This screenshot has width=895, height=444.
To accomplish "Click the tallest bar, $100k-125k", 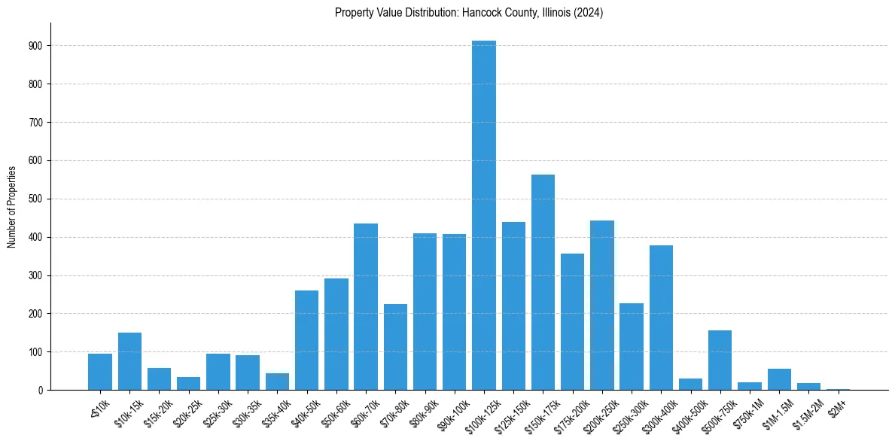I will coord(484,218).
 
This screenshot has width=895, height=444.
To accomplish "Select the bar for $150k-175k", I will coord(543,282).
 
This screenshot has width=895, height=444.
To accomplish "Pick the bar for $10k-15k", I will coord(129,361).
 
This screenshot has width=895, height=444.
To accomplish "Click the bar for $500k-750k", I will coord(720,360).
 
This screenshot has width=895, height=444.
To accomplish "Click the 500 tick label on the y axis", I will coord(36,199).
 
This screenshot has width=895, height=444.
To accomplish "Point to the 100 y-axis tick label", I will coord(36,352).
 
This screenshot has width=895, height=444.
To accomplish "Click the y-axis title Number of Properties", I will coord(11,207).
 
